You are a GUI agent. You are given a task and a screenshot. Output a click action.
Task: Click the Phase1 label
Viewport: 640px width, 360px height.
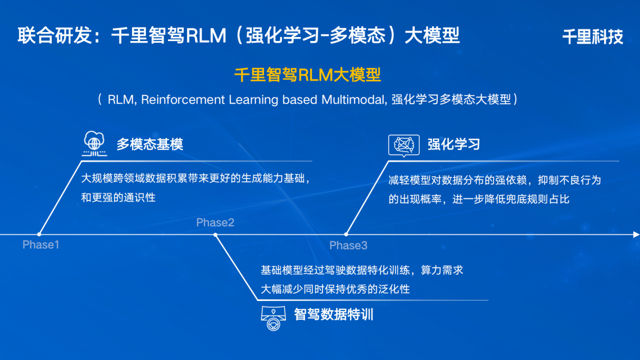[x=40, y=245]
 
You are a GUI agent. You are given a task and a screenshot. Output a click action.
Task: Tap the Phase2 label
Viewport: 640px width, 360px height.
[x=215, y=223]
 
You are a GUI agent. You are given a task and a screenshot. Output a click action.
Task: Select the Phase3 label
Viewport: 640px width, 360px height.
[x=348, y=245]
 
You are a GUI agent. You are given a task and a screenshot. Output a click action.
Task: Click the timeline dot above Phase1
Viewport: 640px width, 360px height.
[x=39, y=234]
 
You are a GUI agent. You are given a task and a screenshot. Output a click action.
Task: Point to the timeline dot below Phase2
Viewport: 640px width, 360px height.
[x=215, y=234]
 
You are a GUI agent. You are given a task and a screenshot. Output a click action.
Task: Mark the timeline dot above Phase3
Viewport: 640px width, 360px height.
[x=346, y=234]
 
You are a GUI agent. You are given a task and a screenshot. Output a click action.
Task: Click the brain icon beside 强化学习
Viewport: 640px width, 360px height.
[x=403, y=145]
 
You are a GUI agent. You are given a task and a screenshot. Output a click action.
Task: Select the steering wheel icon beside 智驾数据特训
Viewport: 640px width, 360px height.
[x=273, y=318]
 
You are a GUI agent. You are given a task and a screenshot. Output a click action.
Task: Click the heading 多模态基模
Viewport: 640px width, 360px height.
[x=149, y=144]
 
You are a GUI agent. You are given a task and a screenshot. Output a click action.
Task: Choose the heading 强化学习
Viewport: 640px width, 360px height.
[x=453, y=144]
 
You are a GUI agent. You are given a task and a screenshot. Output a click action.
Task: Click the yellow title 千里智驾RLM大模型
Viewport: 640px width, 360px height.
[x=307, y=75]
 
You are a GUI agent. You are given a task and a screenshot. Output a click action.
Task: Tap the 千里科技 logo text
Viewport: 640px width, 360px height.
[x=592, y=37]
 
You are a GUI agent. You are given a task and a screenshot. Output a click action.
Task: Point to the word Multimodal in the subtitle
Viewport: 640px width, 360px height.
[x=353, y=100]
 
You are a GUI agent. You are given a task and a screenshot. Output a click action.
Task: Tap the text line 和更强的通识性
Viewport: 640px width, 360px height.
[x=118, y=197]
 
